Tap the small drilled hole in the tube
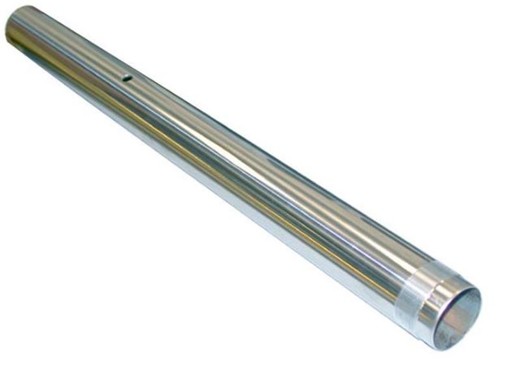(x=127, y=78)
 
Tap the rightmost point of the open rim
(x=482, y=306)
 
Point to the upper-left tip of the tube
(x=8, y=20)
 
